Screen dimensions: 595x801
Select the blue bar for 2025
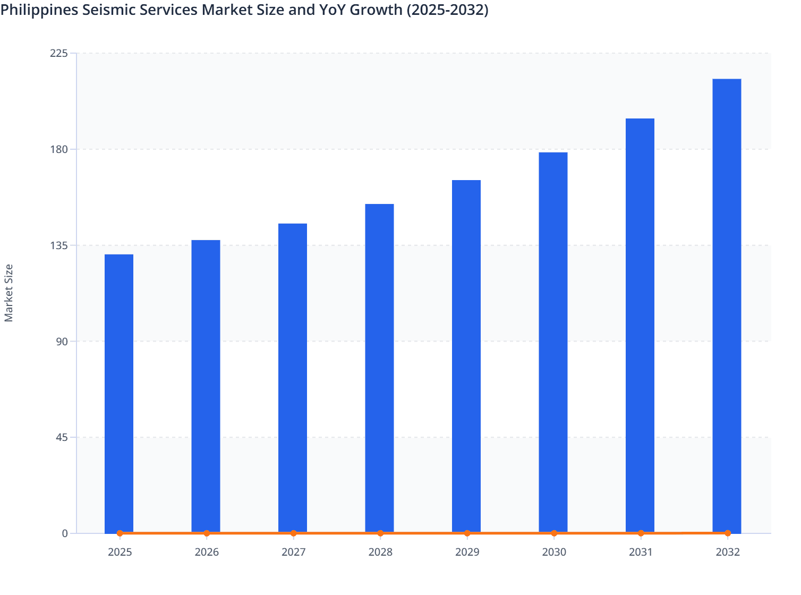pos(119,393)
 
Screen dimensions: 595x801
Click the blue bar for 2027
pos(293,378)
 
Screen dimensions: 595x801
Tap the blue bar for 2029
pos(466,356)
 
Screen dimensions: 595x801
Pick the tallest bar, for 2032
pos(727,305)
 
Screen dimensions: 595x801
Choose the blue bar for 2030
pos(553,342)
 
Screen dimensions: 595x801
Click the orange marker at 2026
pos(207,533)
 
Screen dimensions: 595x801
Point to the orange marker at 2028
pos(380,533)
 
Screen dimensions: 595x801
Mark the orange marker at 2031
pos(641,533)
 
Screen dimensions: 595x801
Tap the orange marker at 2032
pos(728,533)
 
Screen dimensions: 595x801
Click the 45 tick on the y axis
pos(62,437)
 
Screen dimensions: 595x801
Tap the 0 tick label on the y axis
pos(65,533)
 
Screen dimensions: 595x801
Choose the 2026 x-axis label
pos(207,552)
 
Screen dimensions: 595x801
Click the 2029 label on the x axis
pos(467,552)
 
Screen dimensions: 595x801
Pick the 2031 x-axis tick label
pos(641,552)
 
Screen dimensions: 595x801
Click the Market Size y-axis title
pos(8,293)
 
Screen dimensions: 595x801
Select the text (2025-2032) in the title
pos(447,10)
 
